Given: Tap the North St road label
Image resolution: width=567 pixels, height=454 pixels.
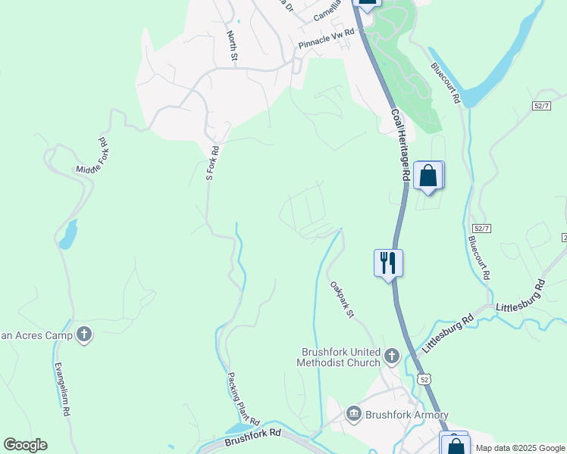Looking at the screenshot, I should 232,47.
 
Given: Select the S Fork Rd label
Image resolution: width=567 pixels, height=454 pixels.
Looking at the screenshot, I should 212,163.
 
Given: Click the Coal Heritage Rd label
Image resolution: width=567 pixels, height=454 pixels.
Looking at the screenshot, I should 401,144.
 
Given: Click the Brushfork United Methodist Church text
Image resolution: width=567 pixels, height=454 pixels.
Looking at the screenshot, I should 340,357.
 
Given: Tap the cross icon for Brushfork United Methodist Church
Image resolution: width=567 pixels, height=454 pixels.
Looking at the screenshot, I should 392,355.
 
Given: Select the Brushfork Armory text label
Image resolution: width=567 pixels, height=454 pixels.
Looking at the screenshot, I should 407,415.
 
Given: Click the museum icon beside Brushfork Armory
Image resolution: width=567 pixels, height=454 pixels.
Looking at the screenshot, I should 353,414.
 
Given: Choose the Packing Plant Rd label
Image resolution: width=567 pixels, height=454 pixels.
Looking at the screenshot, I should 243,399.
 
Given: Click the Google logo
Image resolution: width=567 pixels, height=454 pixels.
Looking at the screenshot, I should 25,445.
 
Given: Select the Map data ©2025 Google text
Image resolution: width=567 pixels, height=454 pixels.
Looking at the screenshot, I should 520,448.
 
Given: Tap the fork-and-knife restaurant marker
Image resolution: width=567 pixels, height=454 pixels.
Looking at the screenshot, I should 388,263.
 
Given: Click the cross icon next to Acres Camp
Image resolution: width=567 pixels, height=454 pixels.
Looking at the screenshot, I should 83,334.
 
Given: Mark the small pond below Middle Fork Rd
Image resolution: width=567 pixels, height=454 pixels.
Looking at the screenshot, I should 67,235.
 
